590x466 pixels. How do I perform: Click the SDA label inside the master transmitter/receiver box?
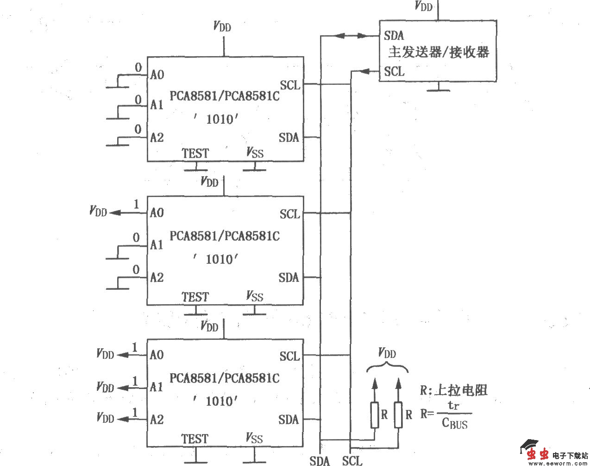click(x=394, y=35)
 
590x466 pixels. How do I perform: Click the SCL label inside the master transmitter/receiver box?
click(x=394, y=71)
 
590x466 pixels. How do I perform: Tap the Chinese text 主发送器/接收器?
click(x=439, y=52)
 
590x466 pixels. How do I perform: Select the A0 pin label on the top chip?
click(x=157, y=75)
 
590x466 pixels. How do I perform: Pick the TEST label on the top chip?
click(x=195, y=153)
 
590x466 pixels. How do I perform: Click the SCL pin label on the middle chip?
click(x=290, y=214)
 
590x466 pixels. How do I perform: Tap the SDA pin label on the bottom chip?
click(x=289, y=420)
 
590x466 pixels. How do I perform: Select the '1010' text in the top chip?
click(x=216, y=119)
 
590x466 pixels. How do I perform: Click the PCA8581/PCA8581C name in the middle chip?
click(x=225, y=236)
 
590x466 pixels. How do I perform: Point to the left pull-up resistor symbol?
click(x=375, y=415)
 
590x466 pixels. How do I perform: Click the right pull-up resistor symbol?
click(x=398, y=415)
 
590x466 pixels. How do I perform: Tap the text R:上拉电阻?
click(x=453, y=390)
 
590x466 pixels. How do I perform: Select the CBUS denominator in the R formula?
click(x=455, y=423)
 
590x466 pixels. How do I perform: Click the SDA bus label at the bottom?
click(x=320, y=460)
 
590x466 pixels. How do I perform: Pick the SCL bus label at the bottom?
click(x=352, y=460)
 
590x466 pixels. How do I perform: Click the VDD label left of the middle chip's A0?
click(x=98, y=212)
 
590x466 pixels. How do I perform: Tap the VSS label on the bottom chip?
click(x=254, y=438)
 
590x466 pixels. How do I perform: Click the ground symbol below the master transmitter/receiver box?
click(x=438, y=89)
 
